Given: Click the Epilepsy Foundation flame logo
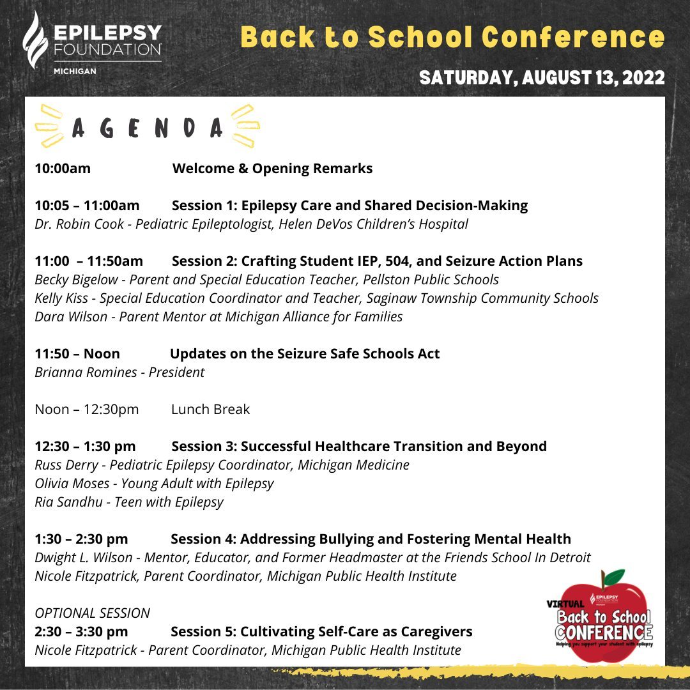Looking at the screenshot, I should (36, 40).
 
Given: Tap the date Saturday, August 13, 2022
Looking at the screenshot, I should (542, 78).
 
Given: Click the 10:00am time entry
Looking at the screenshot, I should (63, 169).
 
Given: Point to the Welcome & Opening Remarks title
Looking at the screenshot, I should (272, 169).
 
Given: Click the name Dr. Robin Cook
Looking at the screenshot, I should (76, 224).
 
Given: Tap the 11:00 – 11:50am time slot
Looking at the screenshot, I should (89, 261).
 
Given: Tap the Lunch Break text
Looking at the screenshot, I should (210, 410).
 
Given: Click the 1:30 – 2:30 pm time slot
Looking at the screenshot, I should (81, 539).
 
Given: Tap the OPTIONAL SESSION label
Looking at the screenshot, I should (92, 613).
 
